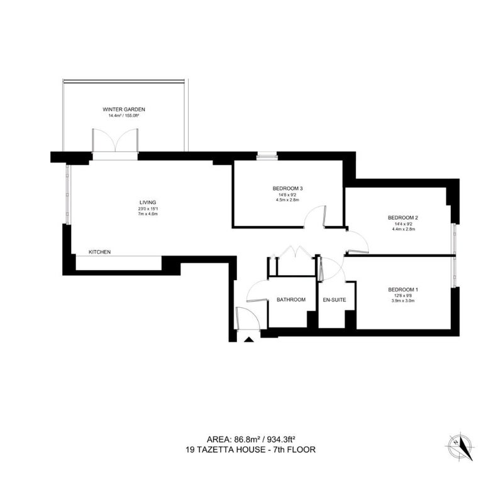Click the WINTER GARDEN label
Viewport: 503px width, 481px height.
pos(124,110)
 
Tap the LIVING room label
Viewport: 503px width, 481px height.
pos(148,203)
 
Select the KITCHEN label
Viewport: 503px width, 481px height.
pos(100,252)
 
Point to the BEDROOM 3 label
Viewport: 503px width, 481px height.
pos(288,188)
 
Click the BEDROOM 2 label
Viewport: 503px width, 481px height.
pos(403,218)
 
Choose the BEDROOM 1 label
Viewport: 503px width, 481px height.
pos(403,290)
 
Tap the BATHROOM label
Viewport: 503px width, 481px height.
pos(291,300)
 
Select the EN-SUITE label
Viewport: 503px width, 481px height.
pos(334,300)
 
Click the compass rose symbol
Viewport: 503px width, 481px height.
pos(460,447)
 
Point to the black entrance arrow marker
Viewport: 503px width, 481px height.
pos(249,339)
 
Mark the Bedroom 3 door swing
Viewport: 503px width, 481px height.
pos(315,217)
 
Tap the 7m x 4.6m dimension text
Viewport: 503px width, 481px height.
pos(148,213)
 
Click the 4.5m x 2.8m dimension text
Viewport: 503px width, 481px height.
pos(287,200)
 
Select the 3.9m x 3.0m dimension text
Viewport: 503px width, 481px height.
pos(403,301)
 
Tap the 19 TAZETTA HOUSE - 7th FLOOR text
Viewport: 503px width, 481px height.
pos(250,449)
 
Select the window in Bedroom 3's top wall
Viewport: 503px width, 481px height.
pos(267,157)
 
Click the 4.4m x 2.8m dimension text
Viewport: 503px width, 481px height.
pos(403,229)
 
